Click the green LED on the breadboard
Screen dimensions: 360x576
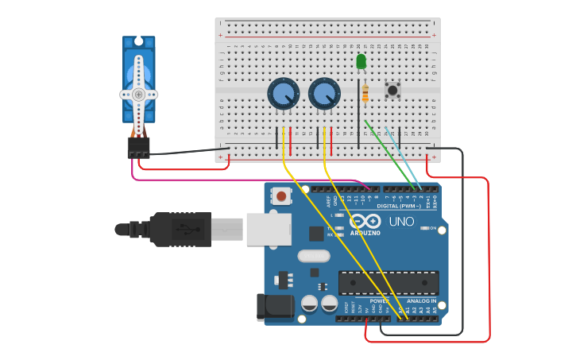pyautogui.click(x=361, y=61)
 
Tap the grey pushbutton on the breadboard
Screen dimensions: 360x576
pyautogui.click(x=392, y=90)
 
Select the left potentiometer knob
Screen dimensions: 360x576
pyautogui.click(x=282, y=94)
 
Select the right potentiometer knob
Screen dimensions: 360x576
pyautogui.click(x=323, y=94)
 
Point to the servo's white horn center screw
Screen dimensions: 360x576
pyautogui.click(x=139, y=94)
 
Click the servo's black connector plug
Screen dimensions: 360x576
pyautogui.click(x=138, y=147)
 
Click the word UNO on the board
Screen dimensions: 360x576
pyautogui.click(x=401, y=222)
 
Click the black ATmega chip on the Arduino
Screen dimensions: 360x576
pyautogui.click(x=389, y=283)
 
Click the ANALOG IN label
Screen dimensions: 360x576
pyautogui.click(x=421, y=301)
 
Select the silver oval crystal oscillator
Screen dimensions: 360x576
pyautogui.click(x=314, y=256)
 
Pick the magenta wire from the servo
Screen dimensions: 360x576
pyautogui.click(x=238, y=180)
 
